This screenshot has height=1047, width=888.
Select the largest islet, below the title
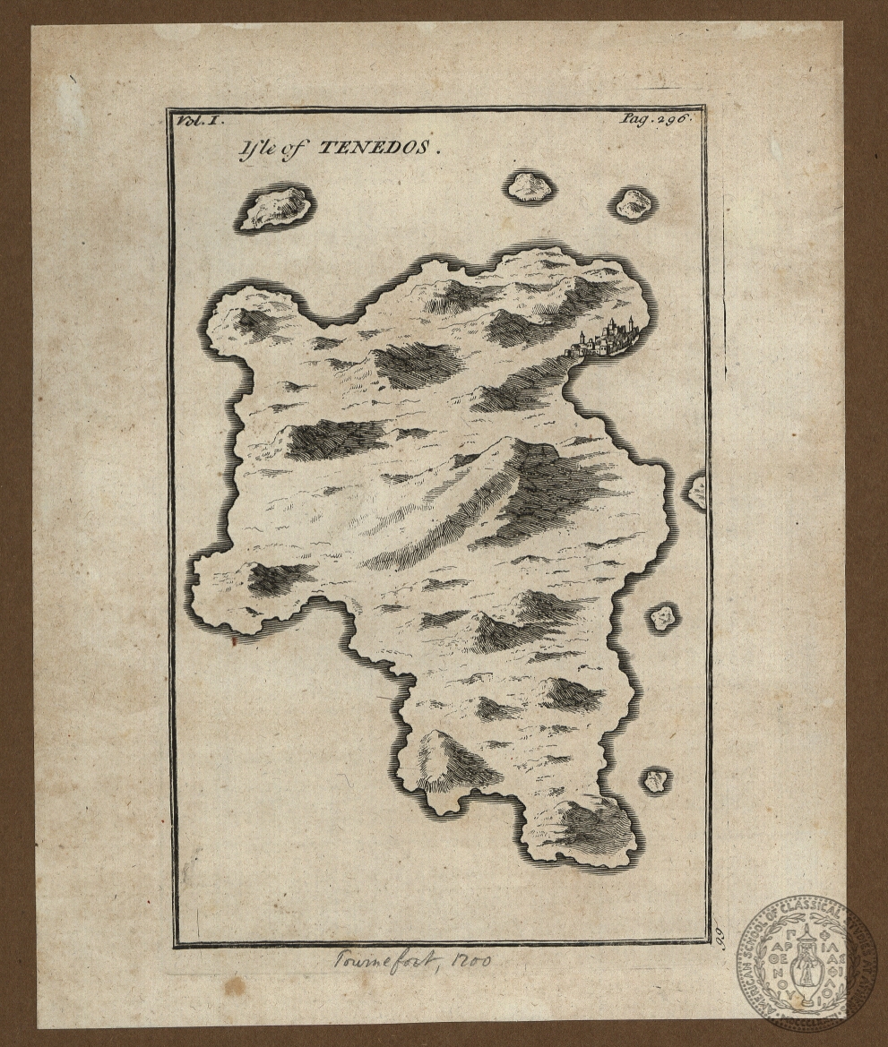274,209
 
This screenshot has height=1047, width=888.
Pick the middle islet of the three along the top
530,186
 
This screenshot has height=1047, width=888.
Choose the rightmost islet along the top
633,204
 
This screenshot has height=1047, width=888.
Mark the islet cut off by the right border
696,491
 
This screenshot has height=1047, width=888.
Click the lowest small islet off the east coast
656,780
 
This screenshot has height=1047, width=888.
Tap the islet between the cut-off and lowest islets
663,616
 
